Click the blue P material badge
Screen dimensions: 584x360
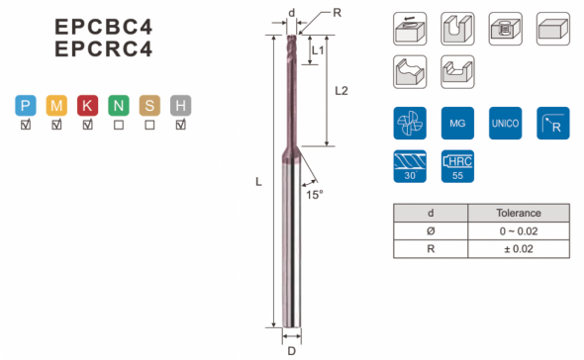[26, 106]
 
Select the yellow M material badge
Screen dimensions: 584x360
[56, 106]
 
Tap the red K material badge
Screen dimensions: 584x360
[87, 106]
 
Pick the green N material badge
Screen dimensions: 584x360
[119, 106]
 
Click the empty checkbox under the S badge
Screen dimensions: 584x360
[149, 125]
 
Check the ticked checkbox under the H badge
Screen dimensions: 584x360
[180, 125]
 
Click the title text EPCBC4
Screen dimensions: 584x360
[104, 27]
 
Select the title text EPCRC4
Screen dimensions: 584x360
[104, 48]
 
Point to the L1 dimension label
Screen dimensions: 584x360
[318, 50]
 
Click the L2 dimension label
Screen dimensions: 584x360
[341, 91]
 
